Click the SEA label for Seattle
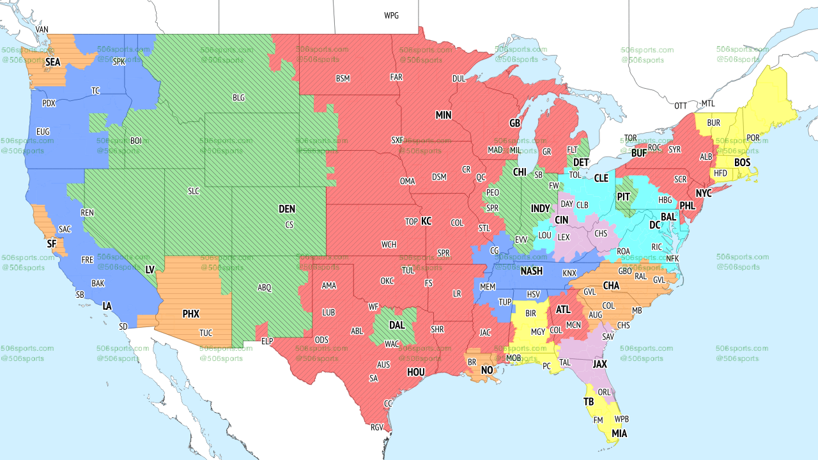pos(52,63)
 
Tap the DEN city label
pos(287,209)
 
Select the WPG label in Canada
pos(391,15)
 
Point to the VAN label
pos(42,30)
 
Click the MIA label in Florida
pos(619,434)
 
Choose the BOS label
pos(742,163)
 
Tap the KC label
pos(426,222)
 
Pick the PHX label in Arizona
pos(190,314)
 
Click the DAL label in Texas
pos(397,325)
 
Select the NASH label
pos(531,272)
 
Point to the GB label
pos(514,123)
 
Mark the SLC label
pos(194,191)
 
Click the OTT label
pos(681,105)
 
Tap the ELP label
pos(267,342)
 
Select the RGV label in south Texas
pos(376,427)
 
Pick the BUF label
pos(639,153)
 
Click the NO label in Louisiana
pos(487,371)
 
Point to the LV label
pos(150,270)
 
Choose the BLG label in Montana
pos(238,98)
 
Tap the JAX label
pos(599,364)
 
